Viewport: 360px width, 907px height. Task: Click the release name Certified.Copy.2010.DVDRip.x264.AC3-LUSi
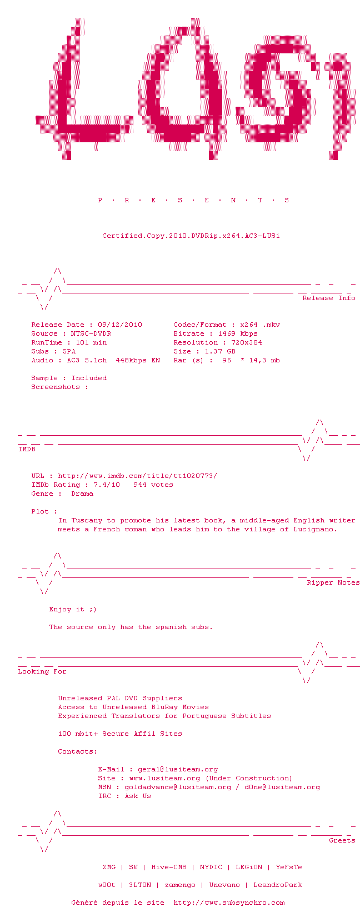pos(191,236)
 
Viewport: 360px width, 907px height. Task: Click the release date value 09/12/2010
pos(120,325)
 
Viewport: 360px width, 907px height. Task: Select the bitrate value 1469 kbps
pos(238,333)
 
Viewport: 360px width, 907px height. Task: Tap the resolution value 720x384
pos(247,342)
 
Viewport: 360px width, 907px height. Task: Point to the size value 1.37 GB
pos(220,351)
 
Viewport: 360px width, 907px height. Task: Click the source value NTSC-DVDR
pos(91,333)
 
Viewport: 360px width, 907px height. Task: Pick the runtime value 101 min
pos(91,342)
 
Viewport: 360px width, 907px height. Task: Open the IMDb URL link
pos(137,476)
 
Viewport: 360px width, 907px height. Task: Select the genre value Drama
pos(82,494)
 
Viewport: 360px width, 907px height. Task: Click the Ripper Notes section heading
pos(333,582)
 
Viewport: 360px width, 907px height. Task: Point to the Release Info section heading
pos(328,298)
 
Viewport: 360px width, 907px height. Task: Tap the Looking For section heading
pos(42,671)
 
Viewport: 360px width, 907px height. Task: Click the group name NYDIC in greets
pos(211,867)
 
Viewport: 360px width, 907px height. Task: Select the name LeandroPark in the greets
pos(278,885)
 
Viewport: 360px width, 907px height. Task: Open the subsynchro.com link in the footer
pos(229,903)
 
